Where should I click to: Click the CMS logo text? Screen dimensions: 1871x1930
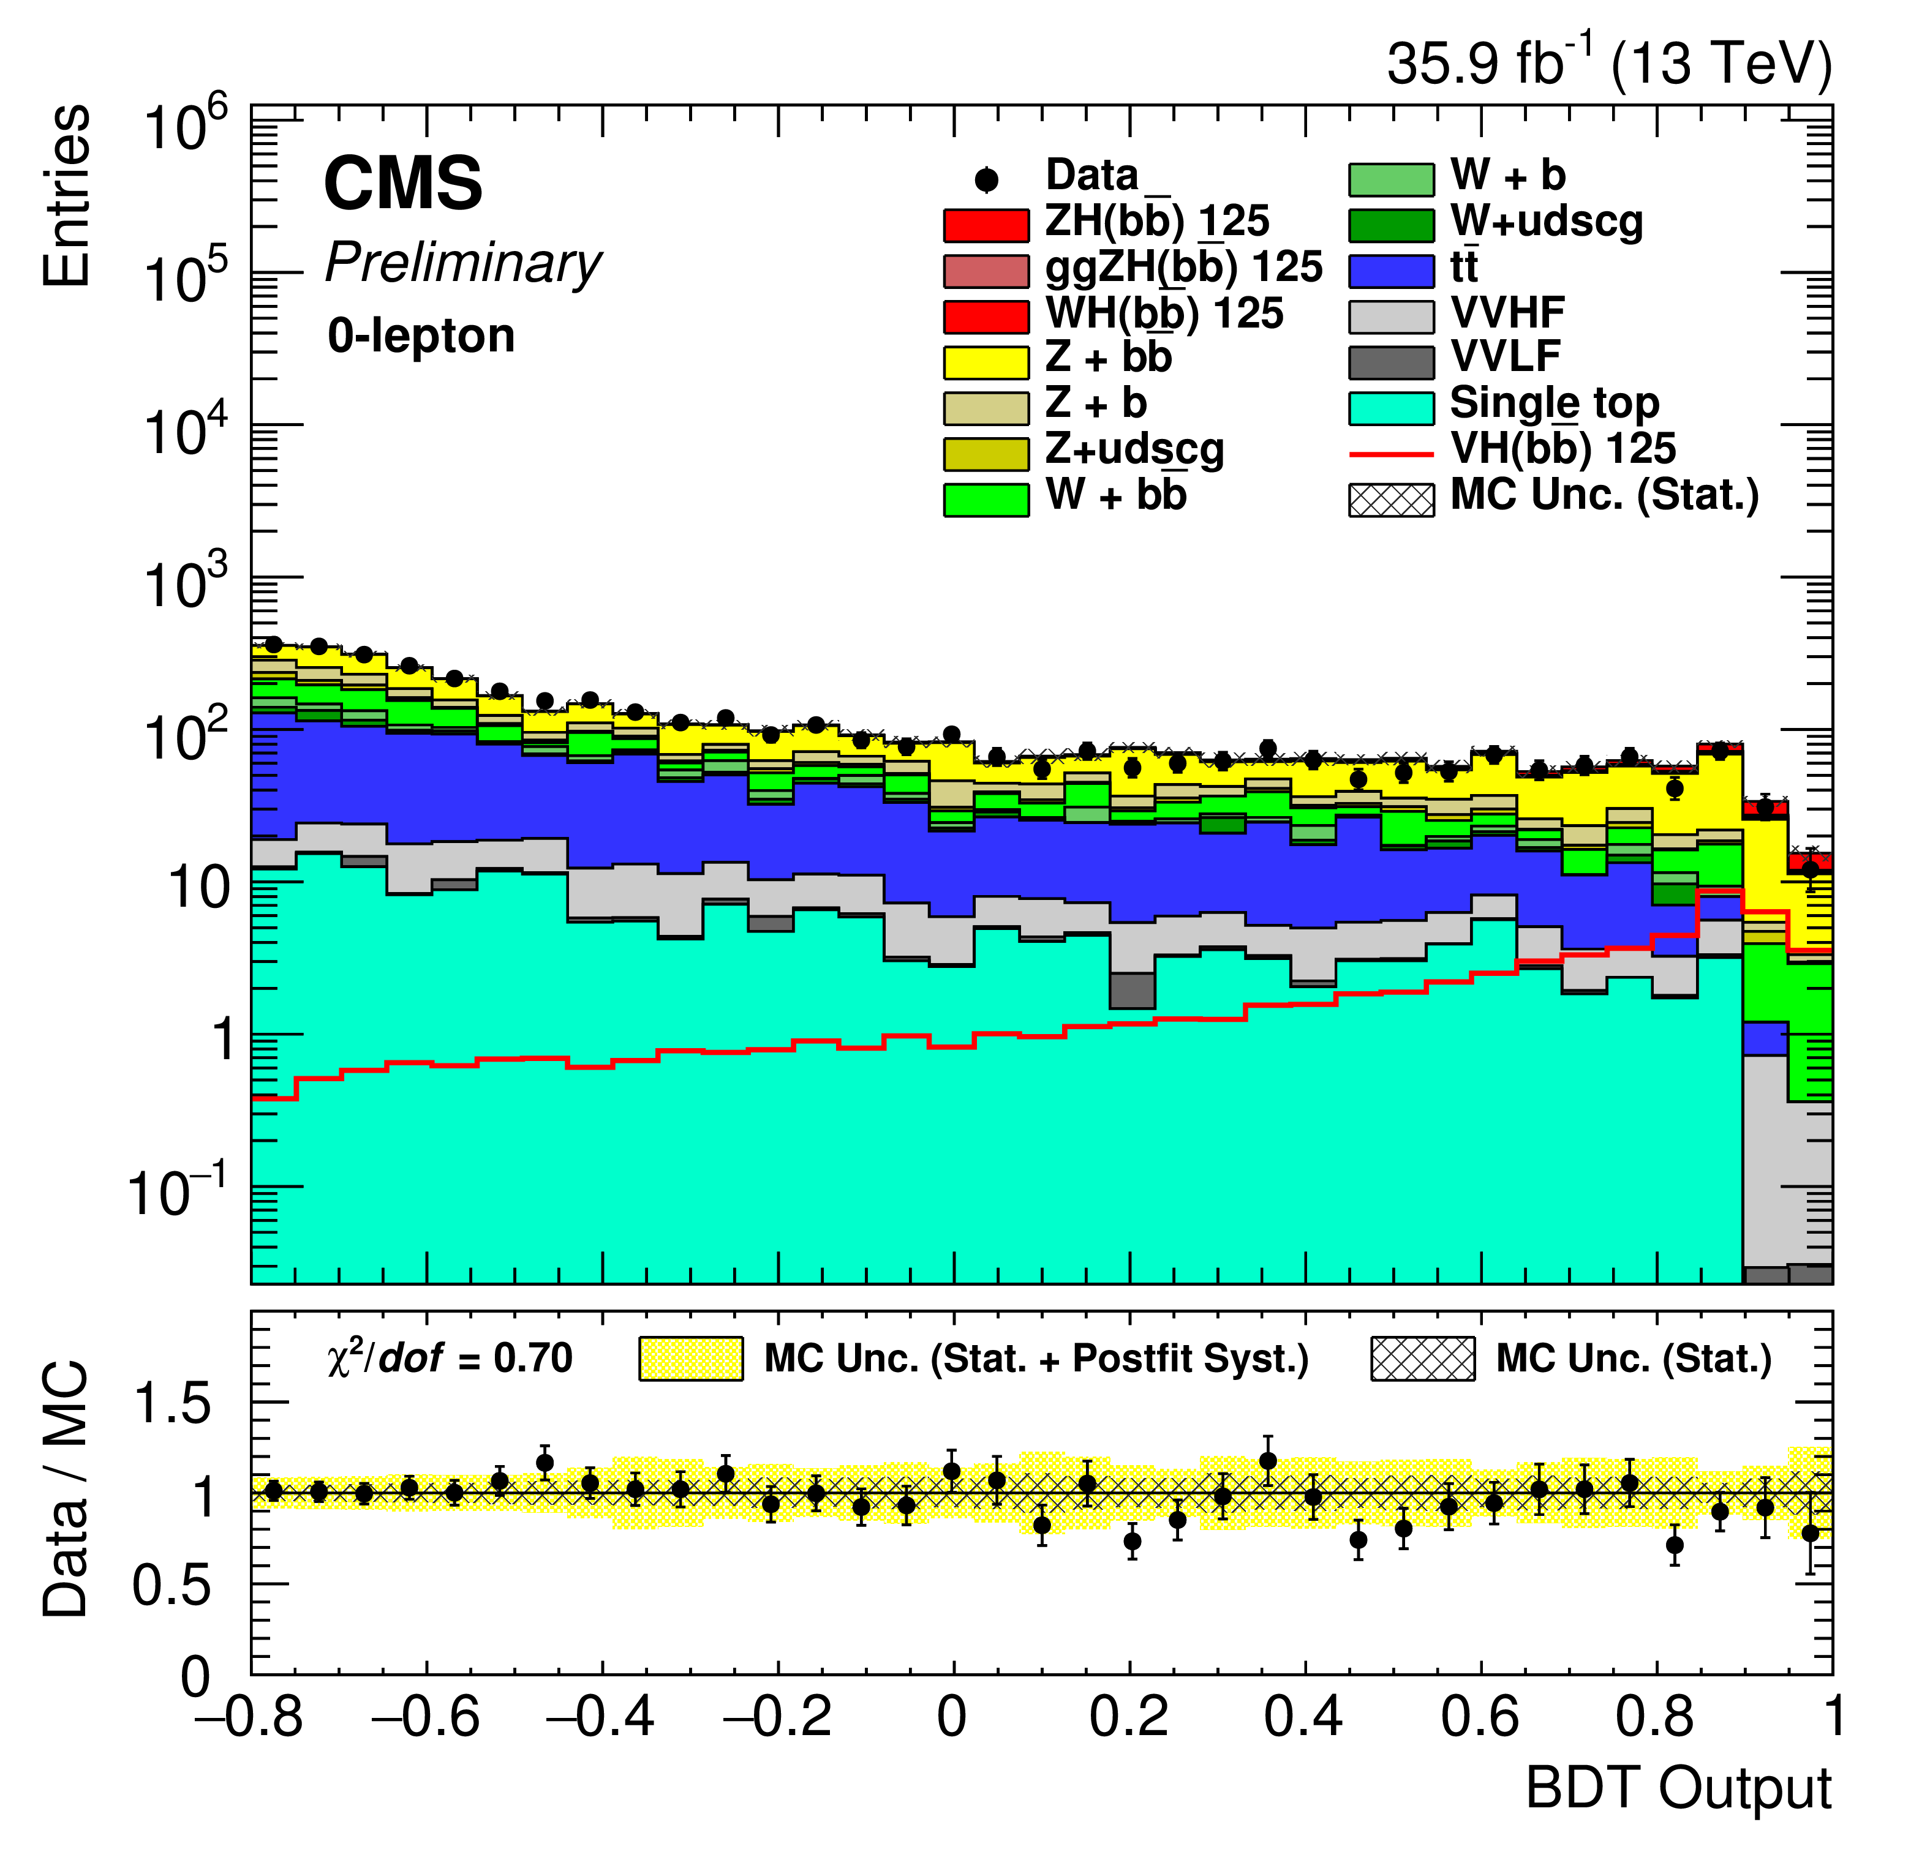(403, 184)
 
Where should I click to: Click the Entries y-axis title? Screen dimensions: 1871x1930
(67, 197)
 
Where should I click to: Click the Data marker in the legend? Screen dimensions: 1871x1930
(986, 180)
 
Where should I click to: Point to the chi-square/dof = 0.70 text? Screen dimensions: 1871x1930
(450, 1358)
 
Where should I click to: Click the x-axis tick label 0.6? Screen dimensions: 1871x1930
(1480, 1717)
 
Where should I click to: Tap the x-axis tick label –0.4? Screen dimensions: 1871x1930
(601, 1717)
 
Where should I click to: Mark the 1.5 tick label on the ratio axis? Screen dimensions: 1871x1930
(172, 1403)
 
